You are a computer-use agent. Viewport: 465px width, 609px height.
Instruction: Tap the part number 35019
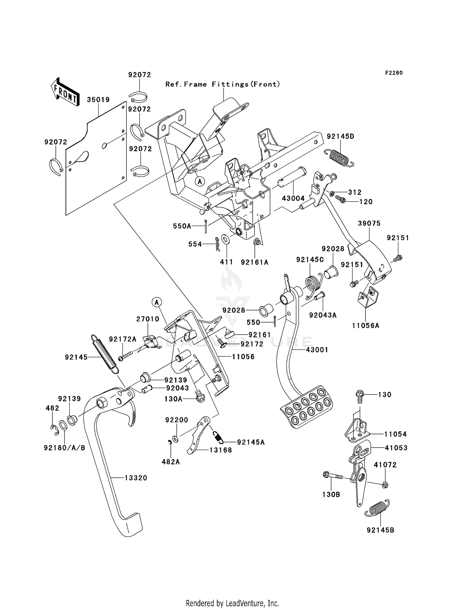click(x=98, y=100)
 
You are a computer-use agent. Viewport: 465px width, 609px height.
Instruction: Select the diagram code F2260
click(x=394, y=73)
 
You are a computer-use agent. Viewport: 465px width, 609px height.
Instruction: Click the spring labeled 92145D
click(x=339, y=156)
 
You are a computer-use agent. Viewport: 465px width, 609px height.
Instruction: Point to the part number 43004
click(x=293, y=198)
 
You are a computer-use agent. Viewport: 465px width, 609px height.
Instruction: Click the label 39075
click(x=369, y=223)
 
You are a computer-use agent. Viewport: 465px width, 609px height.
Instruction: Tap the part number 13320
click(x=136, y=478)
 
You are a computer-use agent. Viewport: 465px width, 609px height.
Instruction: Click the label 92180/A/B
click(x=64, y=448)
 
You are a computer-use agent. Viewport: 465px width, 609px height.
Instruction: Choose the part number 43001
click(x=317, y=350)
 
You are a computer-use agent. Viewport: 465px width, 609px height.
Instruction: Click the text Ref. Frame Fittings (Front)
click(x=223, y=84)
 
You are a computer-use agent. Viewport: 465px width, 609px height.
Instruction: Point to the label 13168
click(x=221, y=450)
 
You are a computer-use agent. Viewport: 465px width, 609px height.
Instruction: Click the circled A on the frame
click(x=200, y=181)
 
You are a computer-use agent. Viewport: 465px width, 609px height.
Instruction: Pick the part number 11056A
click(x=365, y=326)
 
